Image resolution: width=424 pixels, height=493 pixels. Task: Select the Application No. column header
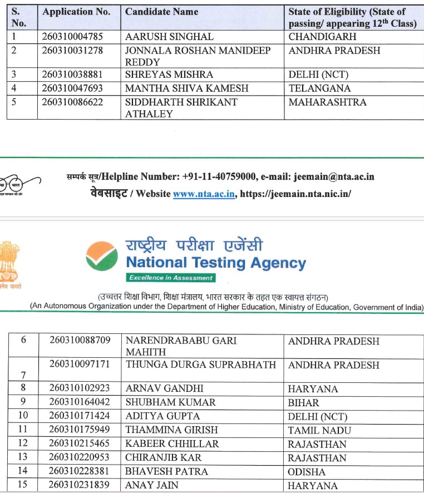pos(76,12)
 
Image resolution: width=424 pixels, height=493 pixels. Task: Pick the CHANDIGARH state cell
pos(322,37)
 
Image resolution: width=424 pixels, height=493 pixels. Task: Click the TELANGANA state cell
pos(319,88)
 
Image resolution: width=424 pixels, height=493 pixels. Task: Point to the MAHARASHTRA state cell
pos(328,102)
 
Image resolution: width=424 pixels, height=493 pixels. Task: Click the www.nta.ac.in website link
pos(204,194)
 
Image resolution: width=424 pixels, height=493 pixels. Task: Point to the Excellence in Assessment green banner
pos(170,278)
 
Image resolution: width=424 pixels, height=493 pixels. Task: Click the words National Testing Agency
pos(216,263)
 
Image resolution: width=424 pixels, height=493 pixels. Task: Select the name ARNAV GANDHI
pos(165,388)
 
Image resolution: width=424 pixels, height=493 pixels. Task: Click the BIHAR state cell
pos(304,402)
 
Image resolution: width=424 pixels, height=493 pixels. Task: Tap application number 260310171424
pos(80,416)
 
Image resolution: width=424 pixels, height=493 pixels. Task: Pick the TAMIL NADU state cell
pos(317,430)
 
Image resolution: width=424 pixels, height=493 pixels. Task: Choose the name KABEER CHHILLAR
pos(172,444)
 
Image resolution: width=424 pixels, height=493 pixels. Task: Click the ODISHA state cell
pos(307,472)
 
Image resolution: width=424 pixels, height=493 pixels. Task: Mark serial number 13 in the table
pos(23,457)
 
